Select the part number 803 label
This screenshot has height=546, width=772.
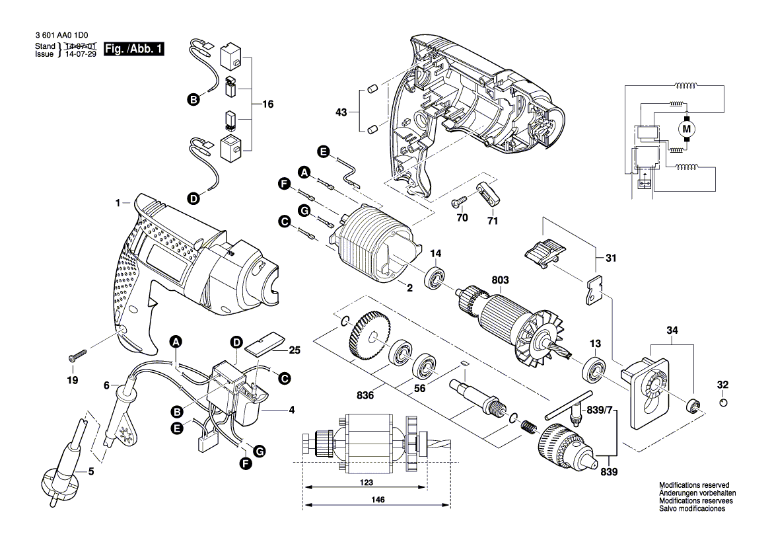500,281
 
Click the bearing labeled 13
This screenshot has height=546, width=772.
594,368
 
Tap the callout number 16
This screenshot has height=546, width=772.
267,104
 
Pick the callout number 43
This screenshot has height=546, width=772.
341,113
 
